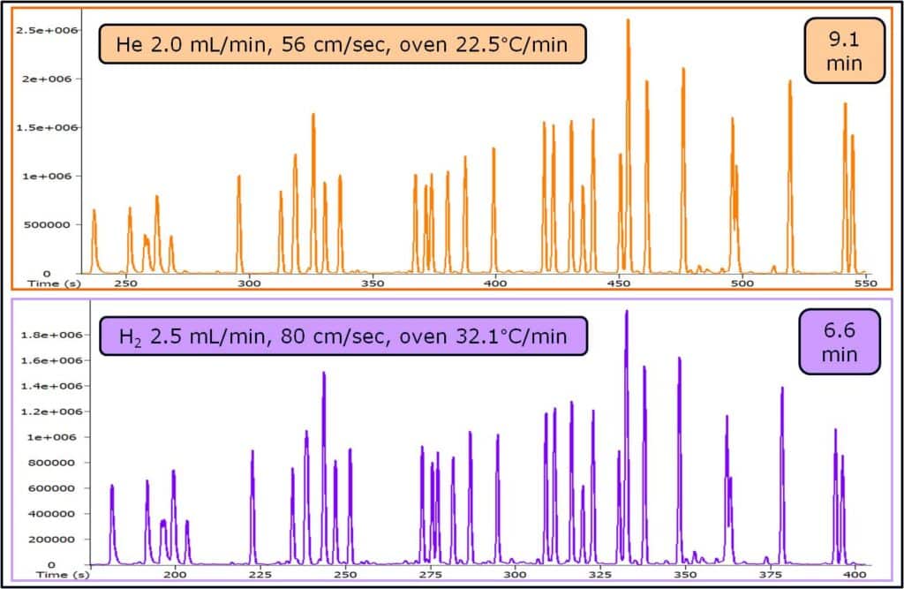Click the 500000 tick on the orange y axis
pos(54,224)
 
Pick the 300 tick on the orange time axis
pos(250,283)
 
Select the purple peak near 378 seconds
pos(781,389)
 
